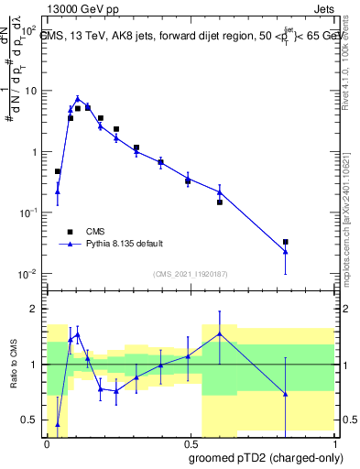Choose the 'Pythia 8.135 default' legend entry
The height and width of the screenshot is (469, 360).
tap(125, 244)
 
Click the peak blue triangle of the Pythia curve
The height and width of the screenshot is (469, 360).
tap(78, 98)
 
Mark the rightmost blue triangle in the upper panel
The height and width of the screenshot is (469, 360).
tap(286, 252)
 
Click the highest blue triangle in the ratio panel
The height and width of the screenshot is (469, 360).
tap(220, 333)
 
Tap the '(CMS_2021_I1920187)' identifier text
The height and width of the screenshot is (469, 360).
tap(191, 274)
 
